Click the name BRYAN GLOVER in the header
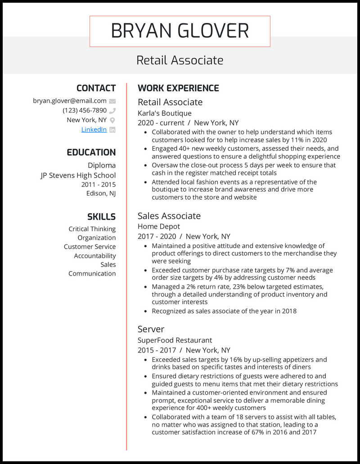coord(180,31)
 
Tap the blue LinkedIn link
coord(94,129)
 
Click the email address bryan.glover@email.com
coord(70,101)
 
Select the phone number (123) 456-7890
coord(85,111)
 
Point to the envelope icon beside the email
coord(112,101)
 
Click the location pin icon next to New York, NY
coord(112,120)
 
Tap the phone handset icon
coord(112,111)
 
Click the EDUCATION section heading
coord(91,152)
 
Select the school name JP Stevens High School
coord(78,175)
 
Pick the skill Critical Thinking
coord(92,229)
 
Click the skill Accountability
coord(94,256)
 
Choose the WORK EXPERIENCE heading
coord(178,88)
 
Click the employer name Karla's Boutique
coord(164,113)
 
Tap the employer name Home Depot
coord(158,227)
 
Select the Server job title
coord(151,329)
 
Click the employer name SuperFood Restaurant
coord(175,340)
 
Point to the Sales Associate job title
coord(169,216)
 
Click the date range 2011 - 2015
coord(98,184)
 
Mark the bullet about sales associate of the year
coord(224,311)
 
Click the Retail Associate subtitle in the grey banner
coord(180,60)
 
